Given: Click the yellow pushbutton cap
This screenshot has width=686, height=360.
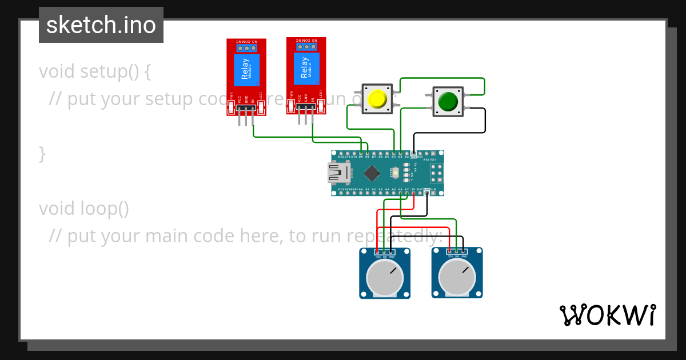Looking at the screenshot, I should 377,99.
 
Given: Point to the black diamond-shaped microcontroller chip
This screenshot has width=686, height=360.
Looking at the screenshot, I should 372,173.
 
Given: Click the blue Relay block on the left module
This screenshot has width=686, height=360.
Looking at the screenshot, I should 246,70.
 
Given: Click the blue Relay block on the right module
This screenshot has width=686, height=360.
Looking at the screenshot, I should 306,69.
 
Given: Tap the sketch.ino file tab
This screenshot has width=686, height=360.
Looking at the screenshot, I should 101,25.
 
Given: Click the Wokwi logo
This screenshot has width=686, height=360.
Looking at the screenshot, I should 607,315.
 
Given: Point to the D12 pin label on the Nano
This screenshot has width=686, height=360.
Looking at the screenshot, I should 341,156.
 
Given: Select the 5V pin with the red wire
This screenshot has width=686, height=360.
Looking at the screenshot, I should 413,193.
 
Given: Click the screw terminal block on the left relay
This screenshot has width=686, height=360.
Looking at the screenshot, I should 246,49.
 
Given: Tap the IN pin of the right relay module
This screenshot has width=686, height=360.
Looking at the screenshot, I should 313,109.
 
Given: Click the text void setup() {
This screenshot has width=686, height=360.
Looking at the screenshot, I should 95,72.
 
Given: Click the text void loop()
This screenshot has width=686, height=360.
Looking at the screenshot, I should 84,209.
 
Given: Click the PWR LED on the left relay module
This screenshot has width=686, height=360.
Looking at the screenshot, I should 232,105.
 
